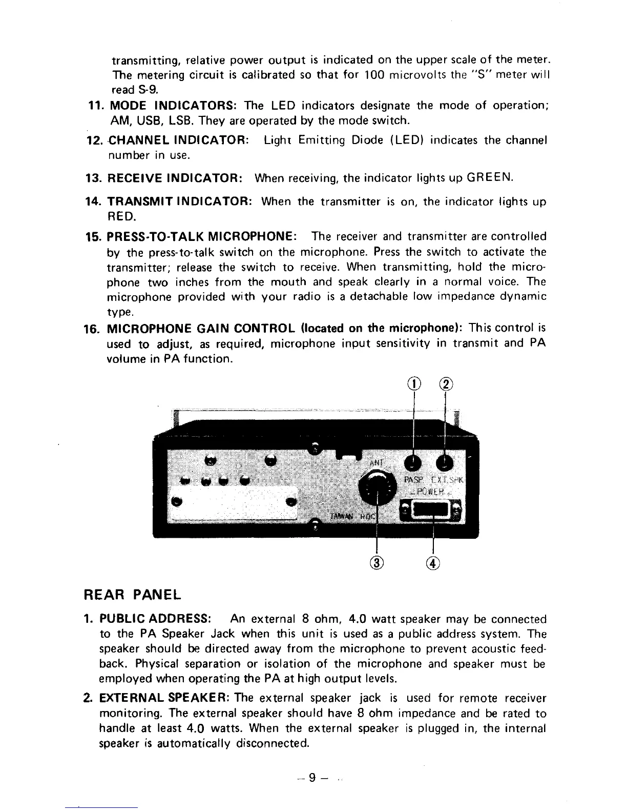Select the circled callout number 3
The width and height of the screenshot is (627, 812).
[377, 562]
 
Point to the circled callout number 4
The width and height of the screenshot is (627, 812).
[433, 562]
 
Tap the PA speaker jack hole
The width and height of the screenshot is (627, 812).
[413, 462]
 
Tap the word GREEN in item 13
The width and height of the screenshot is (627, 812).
[489, 178]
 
